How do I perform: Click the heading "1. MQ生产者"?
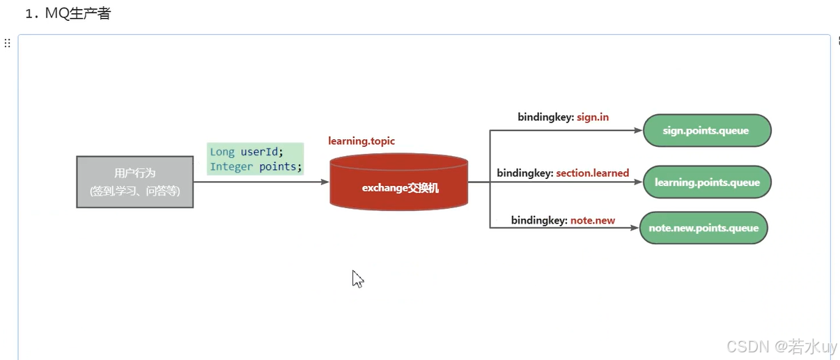(68, 13)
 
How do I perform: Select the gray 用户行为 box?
(134, 182)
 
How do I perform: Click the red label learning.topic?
(361, 141)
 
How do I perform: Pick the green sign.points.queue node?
(706, 130)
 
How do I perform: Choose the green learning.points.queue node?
(706, 182)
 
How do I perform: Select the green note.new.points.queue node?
(703, 228)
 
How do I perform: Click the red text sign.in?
(593, 117)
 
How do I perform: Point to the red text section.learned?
(592, 173)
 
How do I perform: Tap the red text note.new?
(593, 220)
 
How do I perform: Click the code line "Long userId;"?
(247, 152)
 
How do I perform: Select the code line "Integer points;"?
(256, 166)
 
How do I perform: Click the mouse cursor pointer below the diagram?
(357, 278)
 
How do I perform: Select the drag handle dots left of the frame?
(8, 43)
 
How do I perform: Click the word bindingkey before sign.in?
(544, 117)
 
